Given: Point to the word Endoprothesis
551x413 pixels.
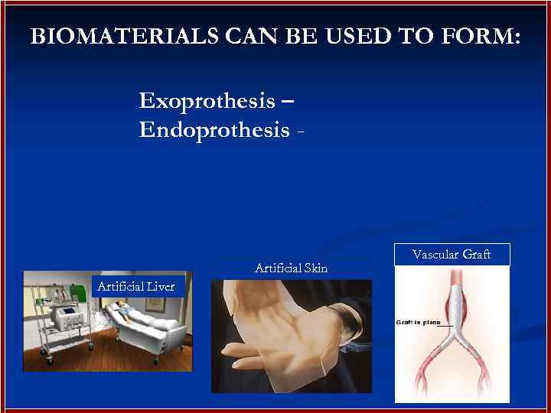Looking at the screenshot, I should tap(215, 130).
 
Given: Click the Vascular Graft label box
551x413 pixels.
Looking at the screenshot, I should tap(452, 255).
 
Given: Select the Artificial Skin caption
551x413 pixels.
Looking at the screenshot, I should tap(291, 268).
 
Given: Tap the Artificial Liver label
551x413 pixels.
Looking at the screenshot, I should tap(135, 287).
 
